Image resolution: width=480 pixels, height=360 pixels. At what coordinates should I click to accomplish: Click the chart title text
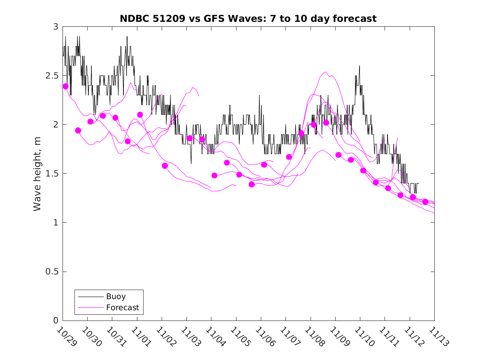[x=248, y=19]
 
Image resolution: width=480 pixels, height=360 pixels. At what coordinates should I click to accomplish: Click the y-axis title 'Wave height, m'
[x=37, y=174]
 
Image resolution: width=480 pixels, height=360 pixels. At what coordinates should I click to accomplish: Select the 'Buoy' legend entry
[x=116, y=296]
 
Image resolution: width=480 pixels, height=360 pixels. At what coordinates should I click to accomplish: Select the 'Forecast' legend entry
[x=122, y=307]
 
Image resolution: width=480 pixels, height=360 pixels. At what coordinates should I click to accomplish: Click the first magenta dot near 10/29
[x=65, y=86]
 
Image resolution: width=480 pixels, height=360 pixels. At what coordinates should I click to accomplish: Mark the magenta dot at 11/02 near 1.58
[x=165, y=166]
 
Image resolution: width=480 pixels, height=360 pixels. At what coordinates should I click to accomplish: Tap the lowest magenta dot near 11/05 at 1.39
[x=252, y=184]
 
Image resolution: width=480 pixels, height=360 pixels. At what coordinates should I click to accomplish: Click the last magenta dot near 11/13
[x=425, y=202]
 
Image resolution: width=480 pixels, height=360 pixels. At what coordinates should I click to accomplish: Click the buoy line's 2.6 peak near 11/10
[x=359, y=66]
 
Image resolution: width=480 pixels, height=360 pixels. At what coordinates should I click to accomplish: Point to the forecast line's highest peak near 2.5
[x=326, y=72]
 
